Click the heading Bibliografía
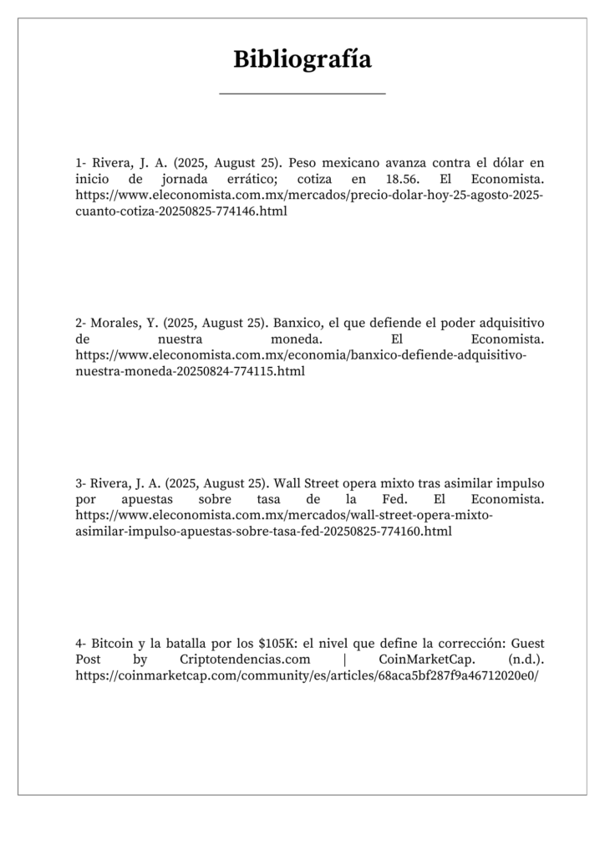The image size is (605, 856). click(302, 59)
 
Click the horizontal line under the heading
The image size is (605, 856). click(302, 94)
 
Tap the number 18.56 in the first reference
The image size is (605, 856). click(399, 179)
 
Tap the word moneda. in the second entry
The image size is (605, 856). click(297, 339)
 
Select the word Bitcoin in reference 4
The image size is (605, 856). click(111, 643)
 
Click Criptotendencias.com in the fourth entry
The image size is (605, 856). click(238, 659)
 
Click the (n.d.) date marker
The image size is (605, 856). click(526, 659)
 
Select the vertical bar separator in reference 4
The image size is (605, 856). click(345, 659)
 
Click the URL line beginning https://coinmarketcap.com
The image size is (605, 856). click(307, 675)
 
